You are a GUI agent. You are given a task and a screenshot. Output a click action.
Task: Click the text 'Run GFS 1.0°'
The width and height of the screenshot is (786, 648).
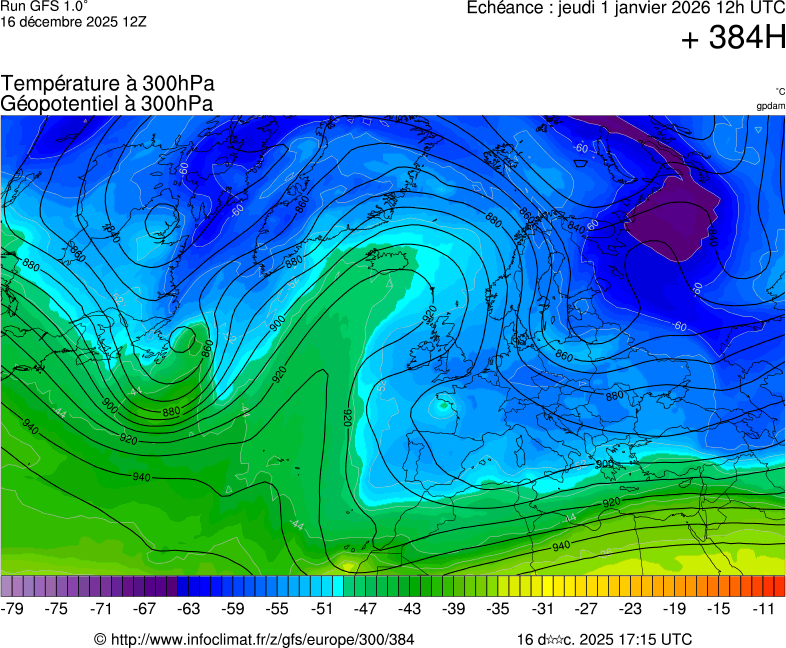click(44, 6)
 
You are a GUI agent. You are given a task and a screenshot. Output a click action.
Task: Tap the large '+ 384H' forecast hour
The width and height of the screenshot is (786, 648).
click(733, 39)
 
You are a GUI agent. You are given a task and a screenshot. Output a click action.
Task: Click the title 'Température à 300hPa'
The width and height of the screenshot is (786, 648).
click(108, 84)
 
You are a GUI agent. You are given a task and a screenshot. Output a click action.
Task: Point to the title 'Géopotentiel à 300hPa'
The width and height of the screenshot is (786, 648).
click(107, 103)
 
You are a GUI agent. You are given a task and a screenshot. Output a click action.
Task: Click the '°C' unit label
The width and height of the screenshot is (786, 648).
click(779, 92)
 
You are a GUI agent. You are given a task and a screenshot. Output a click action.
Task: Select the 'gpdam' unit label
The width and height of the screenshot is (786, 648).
click(771, 106)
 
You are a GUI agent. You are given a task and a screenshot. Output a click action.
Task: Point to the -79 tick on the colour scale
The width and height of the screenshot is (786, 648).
click(13, 609)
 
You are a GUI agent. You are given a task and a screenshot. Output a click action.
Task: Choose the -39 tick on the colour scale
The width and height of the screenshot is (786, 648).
click(454, 609)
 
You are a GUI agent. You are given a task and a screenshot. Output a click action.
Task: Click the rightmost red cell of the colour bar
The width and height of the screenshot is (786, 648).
click(779, 586)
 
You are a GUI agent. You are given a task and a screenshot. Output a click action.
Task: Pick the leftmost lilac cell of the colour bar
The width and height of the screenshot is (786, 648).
click(7, 586)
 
